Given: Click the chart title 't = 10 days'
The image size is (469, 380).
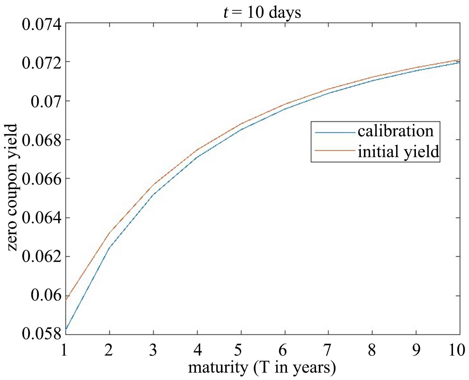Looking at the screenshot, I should tap(262, 13).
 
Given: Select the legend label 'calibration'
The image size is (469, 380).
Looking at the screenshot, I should tap(396, 131).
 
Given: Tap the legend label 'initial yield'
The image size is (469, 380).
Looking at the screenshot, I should tap(398, 152).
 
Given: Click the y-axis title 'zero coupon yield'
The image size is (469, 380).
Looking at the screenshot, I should tap(12, 187).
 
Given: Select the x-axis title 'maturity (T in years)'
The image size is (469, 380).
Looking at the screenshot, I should tap(262, 368).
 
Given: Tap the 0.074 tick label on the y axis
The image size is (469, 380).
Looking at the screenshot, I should tap(42, 25).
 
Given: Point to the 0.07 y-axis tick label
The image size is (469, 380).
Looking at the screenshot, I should tap(46, 101).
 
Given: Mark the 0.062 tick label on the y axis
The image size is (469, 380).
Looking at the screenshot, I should tap(42, 257).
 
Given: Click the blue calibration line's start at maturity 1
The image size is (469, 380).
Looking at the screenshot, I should tap(66, 329).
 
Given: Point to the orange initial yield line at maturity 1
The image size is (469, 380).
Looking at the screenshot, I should tap(66, 300).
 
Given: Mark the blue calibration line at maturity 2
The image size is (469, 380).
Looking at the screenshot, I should tap(110, 247).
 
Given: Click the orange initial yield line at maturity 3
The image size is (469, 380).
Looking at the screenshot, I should tap(154, 184).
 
